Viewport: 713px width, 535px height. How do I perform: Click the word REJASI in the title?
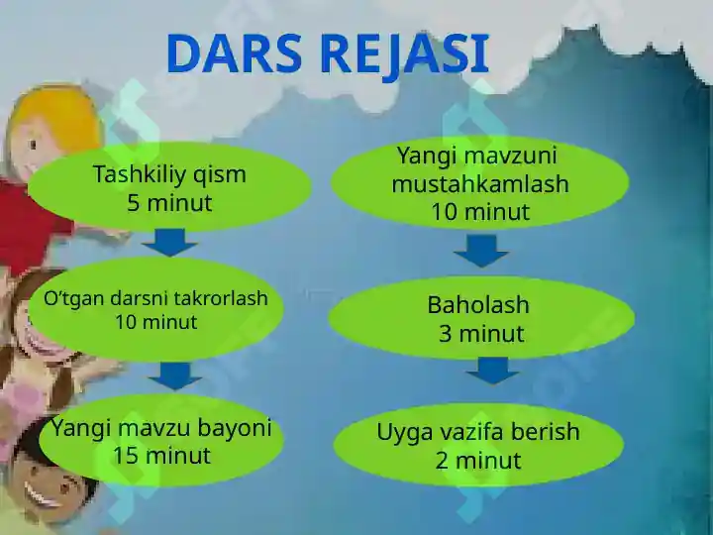(x=416, y=53)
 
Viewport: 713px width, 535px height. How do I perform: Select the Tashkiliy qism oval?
(x=169, y=187)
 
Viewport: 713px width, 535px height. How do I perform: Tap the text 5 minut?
(x=169, y=204)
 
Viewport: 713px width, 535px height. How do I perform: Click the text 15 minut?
(x=161, y=456)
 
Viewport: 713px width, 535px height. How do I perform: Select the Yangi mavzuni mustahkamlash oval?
(x=479, y=182)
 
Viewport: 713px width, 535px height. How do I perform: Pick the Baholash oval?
(x=480, y=318)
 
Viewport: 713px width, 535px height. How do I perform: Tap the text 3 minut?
(x=480, y=334)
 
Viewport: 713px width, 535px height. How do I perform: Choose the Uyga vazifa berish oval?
(x=478, y=445)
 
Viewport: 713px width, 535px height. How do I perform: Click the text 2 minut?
(x=478, y=461)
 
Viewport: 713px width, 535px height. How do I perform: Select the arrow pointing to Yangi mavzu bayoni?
(x=175, y=375)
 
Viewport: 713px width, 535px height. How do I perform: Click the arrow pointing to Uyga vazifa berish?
(x=492, y=371)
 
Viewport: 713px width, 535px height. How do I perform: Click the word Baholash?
(x=478, y=305)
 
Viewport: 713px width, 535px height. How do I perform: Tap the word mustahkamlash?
(x=480, y=184)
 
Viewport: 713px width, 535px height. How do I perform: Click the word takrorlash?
(x=221, y=298)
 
